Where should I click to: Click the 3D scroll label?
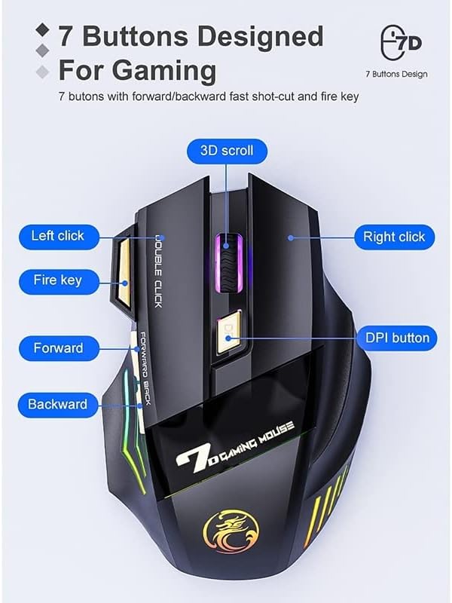click(x=227, y=151)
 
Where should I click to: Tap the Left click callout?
click(x=58, y=237)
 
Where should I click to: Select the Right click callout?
click(x=394, y=237)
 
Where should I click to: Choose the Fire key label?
click(x=58, y=281)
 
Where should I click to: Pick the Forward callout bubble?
click(x=59, y=348)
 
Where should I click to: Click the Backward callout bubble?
click(x=58, y=405)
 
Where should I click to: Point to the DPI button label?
click(x=397, y=338)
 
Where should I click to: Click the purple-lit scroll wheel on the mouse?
click(x=229, y=263)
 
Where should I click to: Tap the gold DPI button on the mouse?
click(x=228, y=335)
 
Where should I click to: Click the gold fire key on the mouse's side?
click(x=123, y=271)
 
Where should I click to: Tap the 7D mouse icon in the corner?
click(x=400, y=43)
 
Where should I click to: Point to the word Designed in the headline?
click(x=260, y=36)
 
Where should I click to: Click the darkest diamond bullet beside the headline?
click(x=42, y=30)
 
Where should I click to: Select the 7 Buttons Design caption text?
click(x=396, y=74)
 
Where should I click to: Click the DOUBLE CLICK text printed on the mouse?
click(x=157, y=271)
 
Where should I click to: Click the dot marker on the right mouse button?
click(x=291, y=237)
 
